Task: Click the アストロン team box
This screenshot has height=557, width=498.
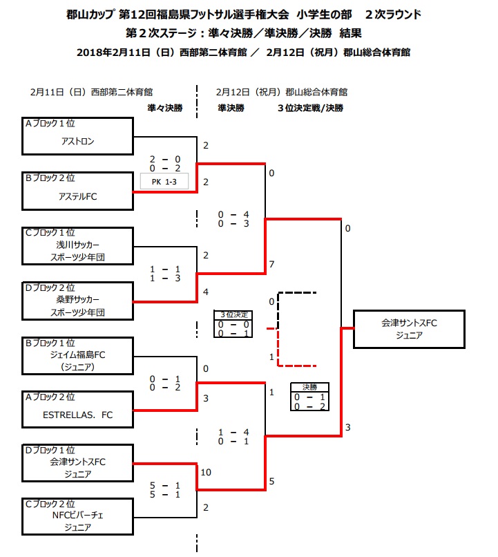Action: point(77,136)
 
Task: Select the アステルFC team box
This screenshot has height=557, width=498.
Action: point(77,191)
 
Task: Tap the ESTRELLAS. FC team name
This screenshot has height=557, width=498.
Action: point(77,415)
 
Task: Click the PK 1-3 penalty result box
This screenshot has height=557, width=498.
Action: point(164,180)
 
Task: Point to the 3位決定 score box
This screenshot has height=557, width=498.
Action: point(232,323)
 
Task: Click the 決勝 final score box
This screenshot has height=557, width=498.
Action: point(309,397)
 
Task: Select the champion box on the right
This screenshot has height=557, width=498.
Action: point(409,329)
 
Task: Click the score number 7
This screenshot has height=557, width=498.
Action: point(272,265)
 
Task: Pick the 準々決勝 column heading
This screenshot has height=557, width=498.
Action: point(165,108)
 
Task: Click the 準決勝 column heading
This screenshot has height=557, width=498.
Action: point(231,108)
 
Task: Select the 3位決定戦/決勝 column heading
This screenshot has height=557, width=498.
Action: point(310,108)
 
